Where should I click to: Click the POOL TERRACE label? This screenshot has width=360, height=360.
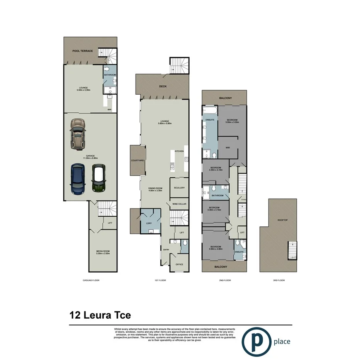click(82, 51)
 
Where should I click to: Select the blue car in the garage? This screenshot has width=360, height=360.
click(78, 179)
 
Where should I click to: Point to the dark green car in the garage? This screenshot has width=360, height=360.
click(98, 178)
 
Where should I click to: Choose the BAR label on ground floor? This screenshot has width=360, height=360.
click(110, 110)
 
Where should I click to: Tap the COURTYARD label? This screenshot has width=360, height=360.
click(138, 160)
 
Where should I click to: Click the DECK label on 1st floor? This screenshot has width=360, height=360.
click(163, 87)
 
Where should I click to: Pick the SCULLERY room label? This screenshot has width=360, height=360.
click(180, 188)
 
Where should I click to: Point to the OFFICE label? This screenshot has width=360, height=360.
click(179, 265)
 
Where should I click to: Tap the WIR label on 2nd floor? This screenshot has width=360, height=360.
click(228, 147)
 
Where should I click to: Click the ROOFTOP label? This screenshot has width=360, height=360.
click(282, 220)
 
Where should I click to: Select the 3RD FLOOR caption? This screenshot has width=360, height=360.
click(278, 280)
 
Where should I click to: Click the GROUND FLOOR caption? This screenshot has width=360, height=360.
click(91, 280)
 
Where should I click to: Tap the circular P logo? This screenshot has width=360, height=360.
click(256, 341)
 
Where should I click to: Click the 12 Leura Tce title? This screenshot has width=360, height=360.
click(100, 315)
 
